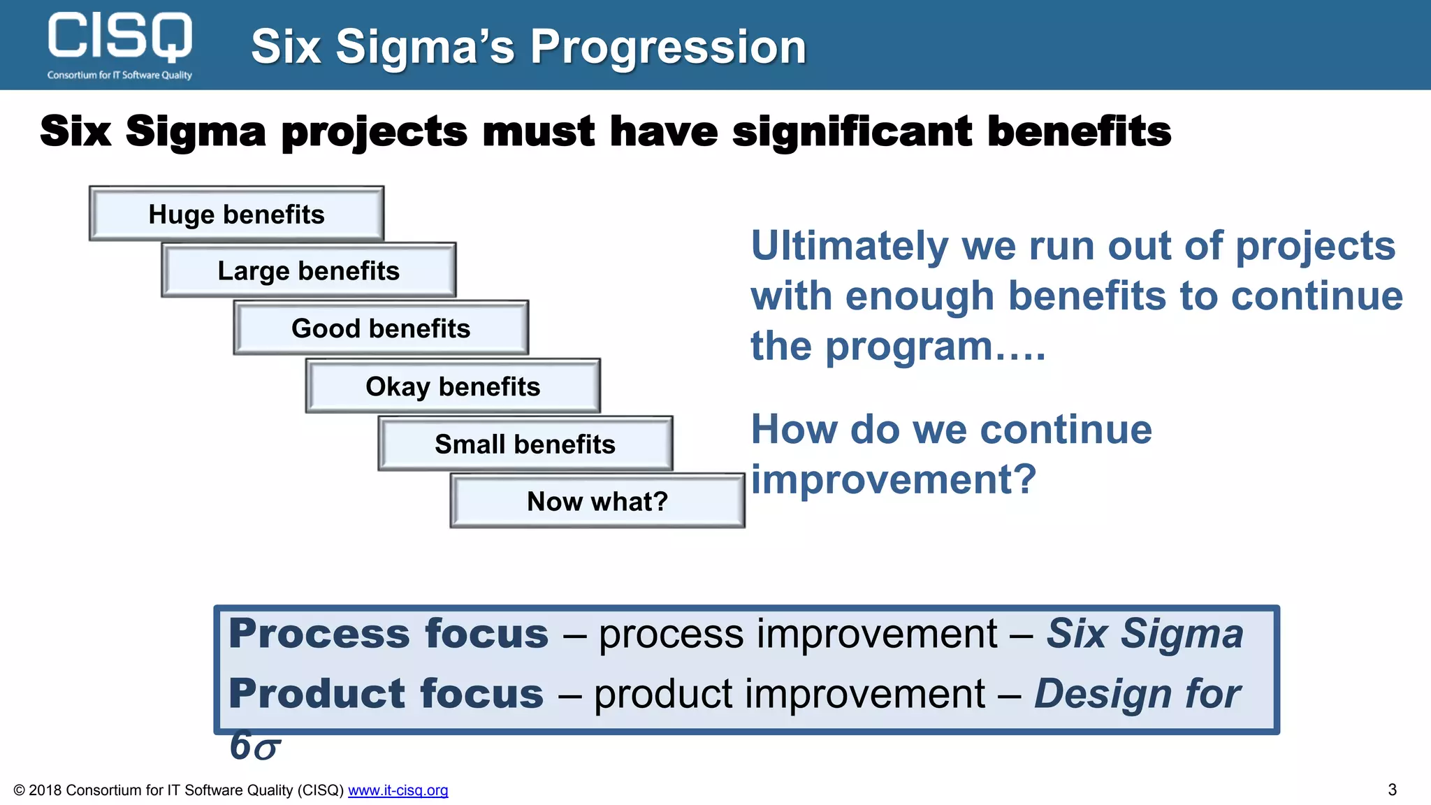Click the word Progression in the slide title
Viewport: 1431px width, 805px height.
pos(668,48)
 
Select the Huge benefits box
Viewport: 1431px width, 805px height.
pos(236,215)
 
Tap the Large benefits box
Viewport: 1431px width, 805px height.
pos(308,271)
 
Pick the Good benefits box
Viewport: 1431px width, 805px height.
pos(381,328)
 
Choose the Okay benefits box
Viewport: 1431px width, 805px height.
pos(453,386)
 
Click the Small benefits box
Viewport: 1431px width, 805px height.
pos(525,444)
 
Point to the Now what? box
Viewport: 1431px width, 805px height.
pos(597,502)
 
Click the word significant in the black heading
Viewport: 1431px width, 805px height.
pos(852,131)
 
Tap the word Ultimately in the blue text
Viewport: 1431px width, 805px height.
pos(848,247)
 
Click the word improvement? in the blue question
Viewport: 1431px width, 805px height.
pos(893,480)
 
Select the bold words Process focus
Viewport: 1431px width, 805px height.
pos(388,634)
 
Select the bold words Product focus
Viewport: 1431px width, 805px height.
pos(386,694)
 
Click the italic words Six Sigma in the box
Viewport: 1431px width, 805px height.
pos(1145,634)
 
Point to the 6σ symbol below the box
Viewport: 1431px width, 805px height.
pos(255,746)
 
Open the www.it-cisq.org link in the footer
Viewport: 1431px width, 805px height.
pos(398,790)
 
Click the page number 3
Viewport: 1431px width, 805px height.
pos(1392,790)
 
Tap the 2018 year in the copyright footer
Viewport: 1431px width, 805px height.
pos(45,790)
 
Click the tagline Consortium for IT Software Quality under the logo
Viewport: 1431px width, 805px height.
pos(119,75)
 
